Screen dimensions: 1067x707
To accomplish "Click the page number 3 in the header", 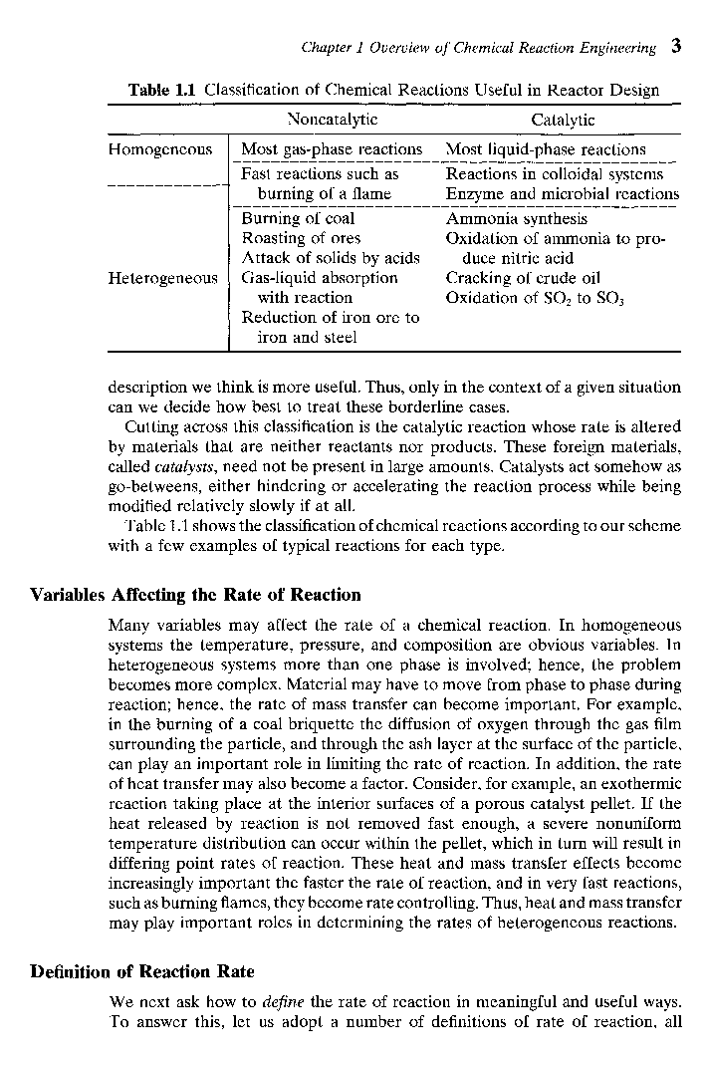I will pos(675,46).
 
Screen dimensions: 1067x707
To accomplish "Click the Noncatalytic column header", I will pos(332,120).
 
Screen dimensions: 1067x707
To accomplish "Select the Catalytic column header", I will pos(563,120).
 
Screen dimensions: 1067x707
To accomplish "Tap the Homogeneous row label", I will pos(160,149).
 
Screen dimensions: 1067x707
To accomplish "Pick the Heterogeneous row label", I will pos(162,278).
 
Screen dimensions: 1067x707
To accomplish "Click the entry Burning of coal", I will pos(298,218).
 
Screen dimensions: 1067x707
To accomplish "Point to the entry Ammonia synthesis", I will pos(516,218).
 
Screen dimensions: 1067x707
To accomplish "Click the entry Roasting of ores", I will pos(301,238).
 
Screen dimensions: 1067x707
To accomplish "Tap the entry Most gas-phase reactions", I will pos(332,149).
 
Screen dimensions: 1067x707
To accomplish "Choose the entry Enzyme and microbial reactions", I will pos(562,193).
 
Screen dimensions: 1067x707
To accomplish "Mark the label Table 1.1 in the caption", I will pos(164,91).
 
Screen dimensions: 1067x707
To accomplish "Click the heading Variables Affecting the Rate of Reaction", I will pos(195,595).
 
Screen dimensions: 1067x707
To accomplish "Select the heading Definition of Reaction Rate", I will pos(142,971).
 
